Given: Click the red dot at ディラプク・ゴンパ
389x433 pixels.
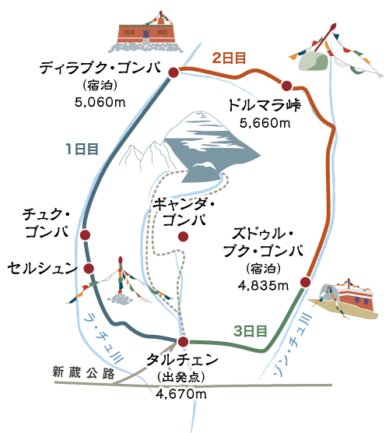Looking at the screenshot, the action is tap(173, 72).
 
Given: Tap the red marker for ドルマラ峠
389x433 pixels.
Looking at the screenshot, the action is tap(286, 86).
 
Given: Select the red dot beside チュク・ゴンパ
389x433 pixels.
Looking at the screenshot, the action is tap(85, 235).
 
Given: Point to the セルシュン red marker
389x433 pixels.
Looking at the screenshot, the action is tap(89, 268).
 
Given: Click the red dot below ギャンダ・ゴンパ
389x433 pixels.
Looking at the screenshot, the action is tap(183, 237).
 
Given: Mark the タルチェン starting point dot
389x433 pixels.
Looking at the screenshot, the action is tap(183, 342).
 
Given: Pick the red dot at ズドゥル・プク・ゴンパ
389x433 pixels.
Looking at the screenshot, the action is tap(306, 282).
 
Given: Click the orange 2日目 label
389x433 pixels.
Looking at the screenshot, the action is tap(229, 58).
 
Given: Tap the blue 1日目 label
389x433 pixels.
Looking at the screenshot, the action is tap(82, 149).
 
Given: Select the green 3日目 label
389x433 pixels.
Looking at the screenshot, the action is tap(251, 331).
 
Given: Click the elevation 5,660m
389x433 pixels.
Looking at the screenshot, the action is tap(265, 123).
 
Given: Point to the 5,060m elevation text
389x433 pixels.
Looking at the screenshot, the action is tap(100, 103).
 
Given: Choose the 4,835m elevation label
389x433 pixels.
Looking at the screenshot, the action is tap(264, 286).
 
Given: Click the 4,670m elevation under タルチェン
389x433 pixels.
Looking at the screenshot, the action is tap(181, 394).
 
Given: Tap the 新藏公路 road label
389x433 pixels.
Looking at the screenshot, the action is tap(83, 373).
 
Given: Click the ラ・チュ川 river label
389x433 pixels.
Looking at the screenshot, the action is tap(105, 337).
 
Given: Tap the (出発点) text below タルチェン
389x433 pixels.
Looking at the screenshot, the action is tap(181, 377).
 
